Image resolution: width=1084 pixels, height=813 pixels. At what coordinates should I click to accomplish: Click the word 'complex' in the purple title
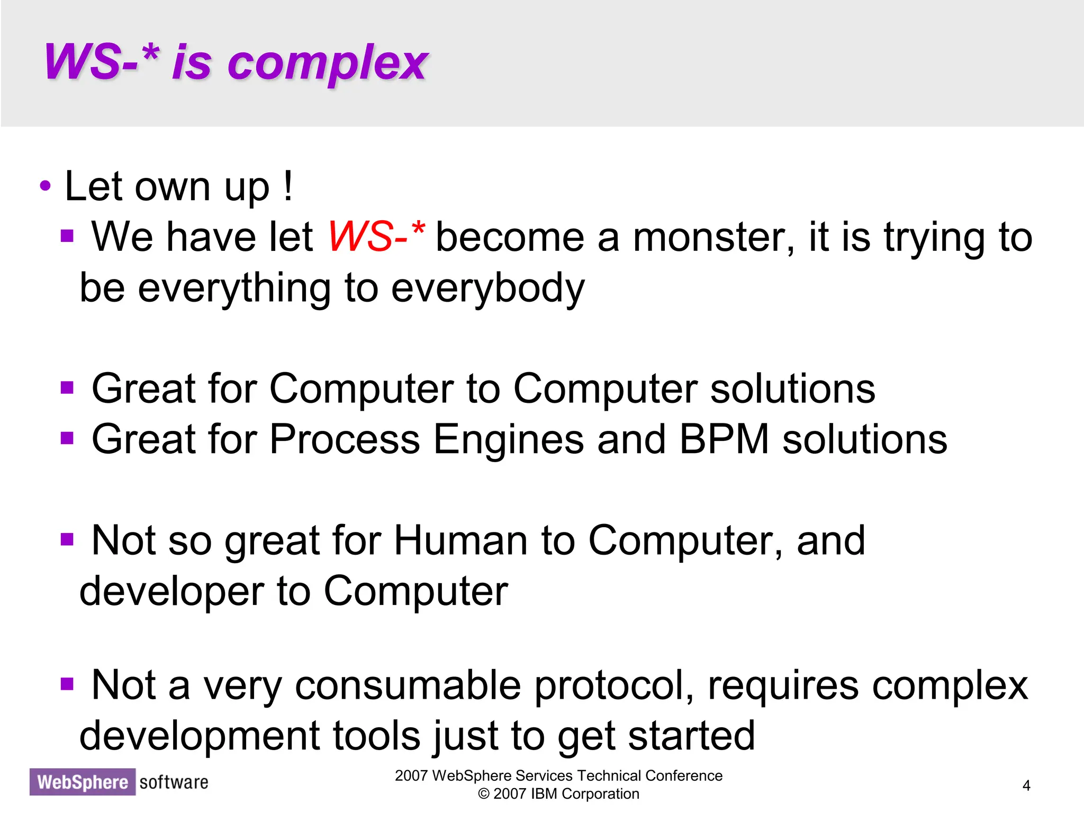click(327, 64)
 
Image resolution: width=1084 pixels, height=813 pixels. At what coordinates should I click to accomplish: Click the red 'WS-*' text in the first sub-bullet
click(376, 236)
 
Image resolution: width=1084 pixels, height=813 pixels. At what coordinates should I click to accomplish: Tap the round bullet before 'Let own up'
click(46, 186)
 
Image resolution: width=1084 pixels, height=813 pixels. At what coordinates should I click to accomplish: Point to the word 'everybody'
click(488, 288)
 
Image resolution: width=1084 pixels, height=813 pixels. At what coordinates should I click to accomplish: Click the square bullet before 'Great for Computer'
click(67, 388)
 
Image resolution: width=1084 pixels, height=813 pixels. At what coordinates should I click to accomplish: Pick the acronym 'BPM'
click(724, 439)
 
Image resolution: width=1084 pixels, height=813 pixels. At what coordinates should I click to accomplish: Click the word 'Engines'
click(508, 440)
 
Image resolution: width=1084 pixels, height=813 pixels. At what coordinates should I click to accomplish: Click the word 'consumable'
click(408, 685)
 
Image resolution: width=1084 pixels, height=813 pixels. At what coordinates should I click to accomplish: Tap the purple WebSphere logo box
click(83, 782)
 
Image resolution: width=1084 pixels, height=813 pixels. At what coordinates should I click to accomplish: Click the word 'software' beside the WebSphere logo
click(174, 782)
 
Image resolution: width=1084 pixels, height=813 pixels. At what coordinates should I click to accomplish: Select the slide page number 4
click(1026, 785)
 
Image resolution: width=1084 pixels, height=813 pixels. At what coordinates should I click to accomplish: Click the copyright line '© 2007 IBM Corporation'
click(558, 794)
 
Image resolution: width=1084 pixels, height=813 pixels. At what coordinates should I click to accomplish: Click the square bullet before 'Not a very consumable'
click(67, 684)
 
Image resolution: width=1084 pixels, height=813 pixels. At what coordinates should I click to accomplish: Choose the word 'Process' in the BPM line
click(345, 439)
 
